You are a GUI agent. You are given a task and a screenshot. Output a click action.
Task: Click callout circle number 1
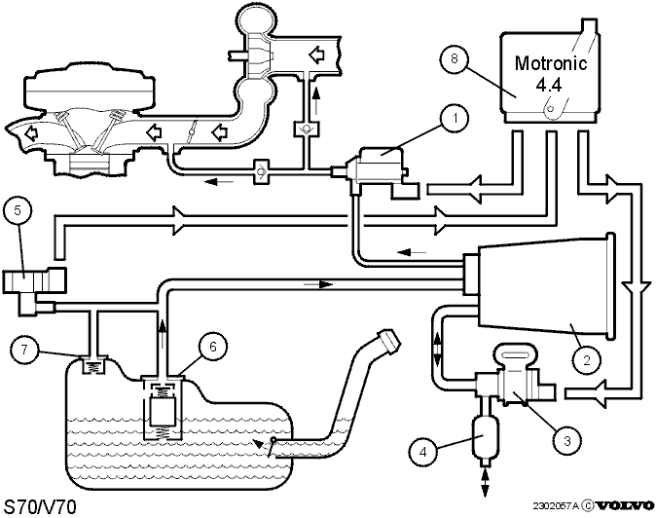[x=455, y=119]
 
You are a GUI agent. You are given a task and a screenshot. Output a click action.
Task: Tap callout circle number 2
[x=587, y=359]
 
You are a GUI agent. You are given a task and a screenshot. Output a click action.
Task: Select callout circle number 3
[x=566, y=441]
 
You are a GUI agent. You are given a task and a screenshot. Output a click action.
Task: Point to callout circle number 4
[x=423, y=452]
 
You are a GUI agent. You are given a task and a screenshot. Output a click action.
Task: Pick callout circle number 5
[x=18, y=210]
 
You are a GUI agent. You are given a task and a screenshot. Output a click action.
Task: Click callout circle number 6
[x=213, y=347]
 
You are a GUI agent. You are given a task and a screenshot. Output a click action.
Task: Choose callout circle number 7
[x=24, y=349]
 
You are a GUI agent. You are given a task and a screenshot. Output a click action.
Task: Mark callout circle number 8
[x=455, y=58]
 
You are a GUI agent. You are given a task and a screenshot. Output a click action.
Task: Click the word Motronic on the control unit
[x=551, y=63]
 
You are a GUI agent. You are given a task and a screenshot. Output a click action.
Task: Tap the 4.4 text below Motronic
[x=549, y=86]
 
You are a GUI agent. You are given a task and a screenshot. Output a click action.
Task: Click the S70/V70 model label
[x=40, y=507]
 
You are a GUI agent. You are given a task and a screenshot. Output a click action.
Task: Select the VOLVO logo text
[x=625, y=506]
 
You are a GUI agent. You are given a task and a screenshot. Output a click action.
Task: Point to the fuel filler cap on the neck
[x=389, y=340]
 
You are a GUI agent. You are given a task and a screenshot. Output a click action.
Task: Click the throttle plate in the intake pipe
[x=192, y=132]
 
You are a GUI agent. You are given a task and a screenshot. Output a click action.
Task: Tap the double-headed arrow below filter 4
[x=485, y=483]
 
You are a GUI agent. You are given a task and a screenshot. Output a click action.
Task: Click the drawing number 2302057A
[x=556, y=506]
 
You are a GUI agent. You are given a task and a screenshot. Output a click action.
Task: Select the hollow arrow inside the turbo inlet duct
[x=316, y=55]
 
